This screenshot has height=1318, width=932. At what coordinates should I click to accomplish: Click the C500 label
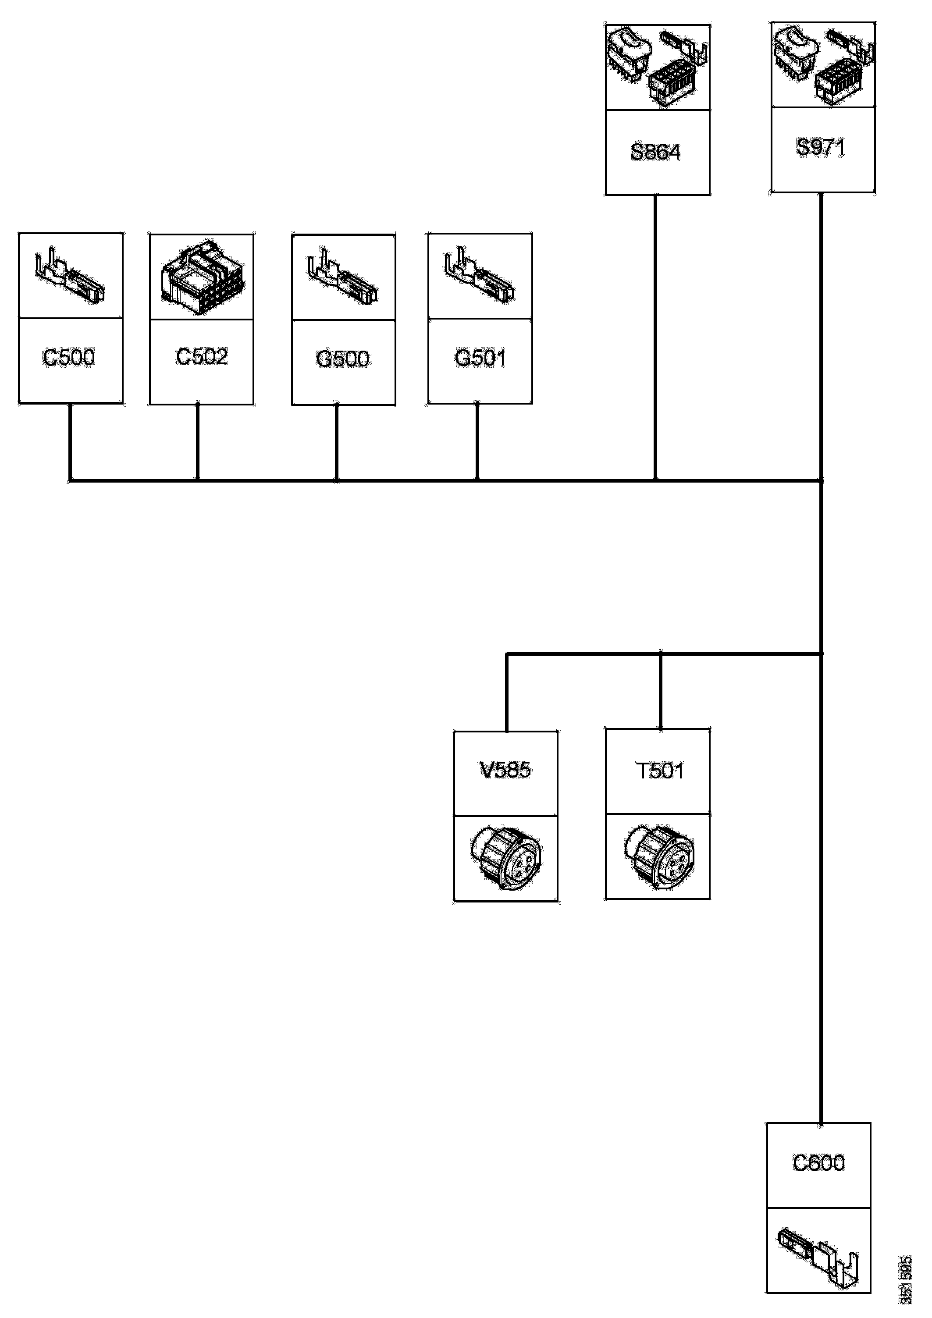coord(69,358)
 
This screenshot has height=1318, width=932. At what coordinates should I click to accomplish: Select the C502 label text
coord(202,356)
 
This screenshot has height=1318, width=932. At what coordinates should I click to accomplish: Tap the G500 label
coord(343,359)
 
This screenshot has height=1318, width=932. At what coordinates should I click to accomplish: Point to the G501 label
coord(480,358)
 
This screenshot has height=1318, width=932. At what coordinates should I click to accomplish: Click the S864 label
coord(656,152)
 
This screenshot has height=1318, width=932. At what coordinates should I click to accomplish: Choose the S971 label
coord(821,148)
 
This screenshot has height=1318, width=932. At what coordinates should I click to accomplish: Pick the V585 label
coord(505,770)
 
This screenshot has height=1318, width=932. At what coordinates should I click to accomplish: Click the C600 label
coord(819,1163)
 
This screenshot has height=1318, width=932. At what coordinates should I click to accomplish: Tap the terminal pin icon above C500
coord(70,276)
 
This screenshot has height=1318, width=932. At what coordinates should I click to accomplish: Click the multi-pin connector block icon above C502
coord(202,276)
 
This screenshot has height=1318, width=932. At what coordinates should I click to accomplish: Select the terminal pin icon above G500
coord(343,277)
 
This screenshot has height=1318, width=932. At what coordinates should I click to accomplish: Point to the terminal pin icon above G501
coord(480,276)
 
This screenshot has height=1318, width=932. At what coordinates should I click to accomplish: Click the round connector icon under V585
coord(505,858)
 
